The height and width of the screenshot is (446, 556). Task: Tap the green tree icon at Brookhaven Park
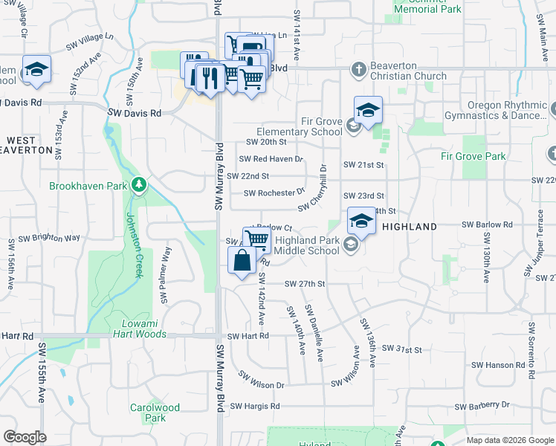click(138, 184)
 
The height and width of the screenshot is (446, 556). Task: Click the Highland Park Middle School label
click(306, 246)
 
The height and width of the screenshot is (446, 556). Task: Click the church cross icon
click(358, 70)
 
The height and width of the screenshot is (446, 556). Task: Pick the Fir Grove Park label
click(473, 156)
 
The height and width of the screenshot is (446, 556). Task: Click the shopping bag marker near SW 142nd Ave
click(242, 261)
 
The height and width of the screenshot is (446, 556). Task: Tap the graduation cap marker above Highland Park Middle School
click(361, 221)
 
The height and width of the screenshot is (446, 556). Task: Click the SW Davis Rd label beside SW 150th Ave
click(135, 113)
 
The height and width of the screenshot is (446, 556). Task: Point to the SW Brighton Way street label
click(55, 238)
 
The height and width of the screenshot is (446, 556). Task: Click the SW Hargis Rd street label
click(254, 407)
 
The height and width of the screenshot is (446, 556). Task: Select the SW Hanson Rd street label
click(500, 365)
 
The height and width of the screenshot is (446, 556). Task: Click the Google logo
click(25, 437)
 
